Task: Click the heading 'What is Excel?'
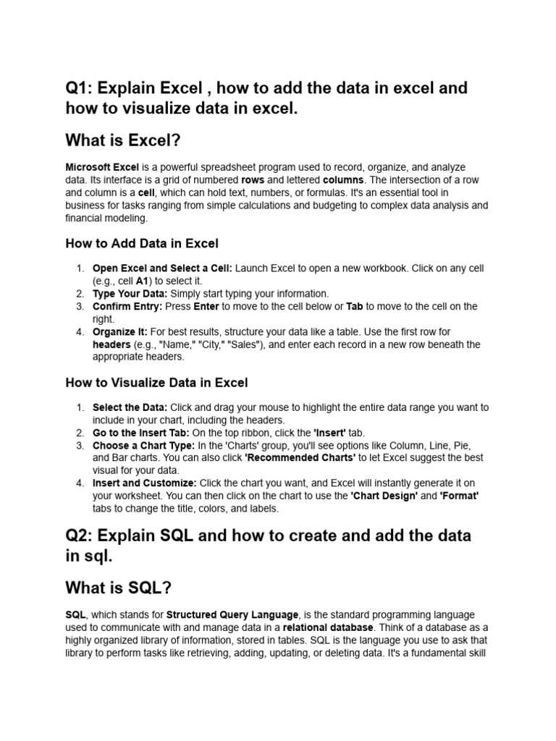click(x=132, y=139)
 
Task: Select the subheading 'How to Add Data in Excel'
click(x=142, y=243)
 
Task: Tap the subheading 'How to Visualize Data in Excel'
click(x=156, y=382)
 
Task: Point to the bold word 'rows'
click(x=253, y=179)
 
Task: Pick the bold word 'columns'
click(x=344, y=179)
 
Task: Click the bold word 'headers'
click(x=111, y=344)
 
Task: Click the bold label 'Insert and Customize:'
click(x=144, y=483)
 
